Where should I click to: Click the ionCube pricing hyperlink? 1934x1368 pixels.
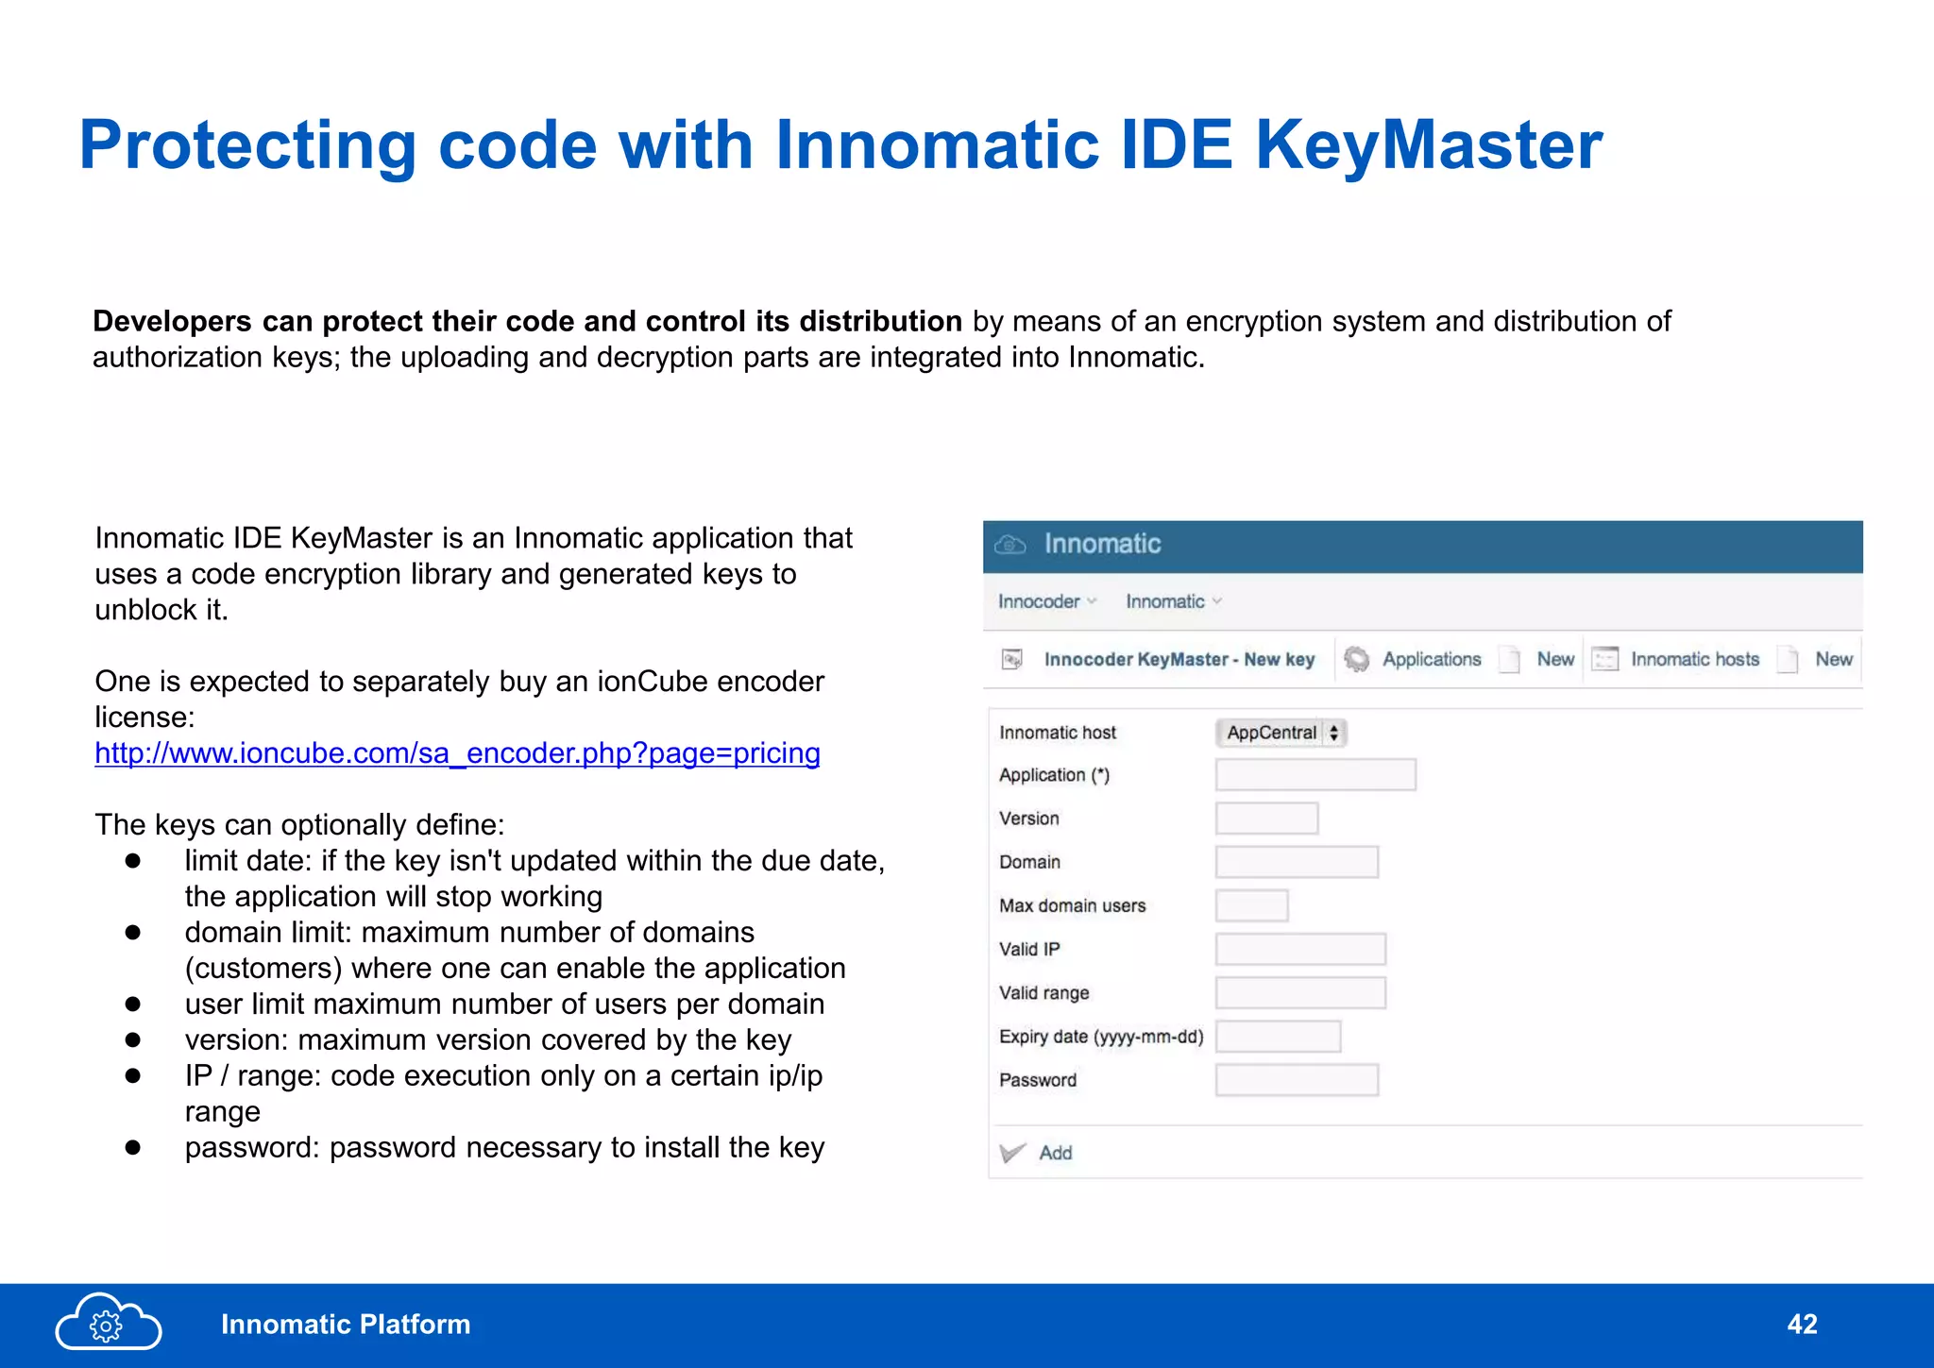point(457,753)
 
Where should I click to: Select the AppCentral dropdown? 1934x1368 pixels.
point(1281,733)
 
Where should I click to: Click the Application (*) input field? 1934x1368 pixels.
point(1315,775)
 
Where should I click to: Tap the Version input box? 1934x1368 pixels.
point(1266,819)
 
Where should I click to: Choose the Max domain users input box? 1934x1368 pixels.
point(1251,905)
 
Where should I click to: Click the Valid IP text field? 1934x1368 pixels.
point(1300,949)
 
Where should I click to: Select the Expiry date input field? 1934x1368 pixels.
point(1278,1037)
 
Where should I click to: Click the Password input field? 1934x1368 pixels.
point(1297,1080)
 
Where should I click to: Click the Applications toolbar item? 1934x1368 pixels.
point(1431,659)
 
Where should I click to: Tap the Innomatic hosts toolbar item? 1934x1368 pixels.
point(1694,659)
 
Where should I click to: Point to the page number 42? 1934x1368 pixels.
point(1802,1324)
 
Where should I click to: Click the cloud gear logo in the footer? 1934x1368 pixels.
point(108,1322)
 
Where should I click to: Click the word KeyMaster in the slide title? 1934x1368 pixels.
point(1429,145)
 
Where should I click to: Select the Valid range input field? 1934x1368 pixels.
point(1300,993)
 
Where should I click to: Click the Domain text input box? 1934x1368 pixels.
point(1297,862)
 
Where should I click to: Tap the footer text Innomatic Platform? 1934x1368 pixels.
point(346,1325)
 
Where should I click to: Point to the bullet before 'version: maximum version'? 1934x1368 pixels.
point(133,1040)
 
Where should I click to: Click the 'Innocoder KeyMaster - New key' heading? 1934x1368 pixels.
point(1179,659)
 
